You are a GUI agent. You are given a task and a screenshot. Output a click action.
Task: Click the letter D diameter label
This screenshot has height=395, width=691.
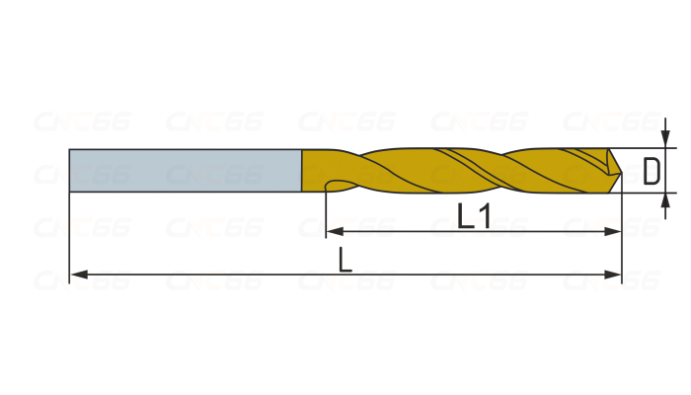652,171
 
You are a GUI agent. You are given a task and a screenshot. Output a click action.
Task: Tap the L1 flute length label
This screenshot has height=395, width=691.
474,215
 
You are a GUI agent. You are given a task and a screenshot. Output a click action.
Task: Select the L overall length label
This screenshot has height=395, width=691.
345,260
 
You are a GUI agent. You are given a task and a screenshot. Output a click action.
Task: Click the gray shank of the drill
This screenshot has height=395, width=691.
185,170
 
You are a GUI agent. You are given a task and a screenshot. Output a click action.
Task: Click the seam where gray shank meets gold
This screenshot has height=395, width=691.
301,170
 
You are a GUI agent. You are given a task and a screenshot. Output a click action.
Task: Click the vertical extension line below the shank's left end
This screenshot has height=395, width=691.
69,237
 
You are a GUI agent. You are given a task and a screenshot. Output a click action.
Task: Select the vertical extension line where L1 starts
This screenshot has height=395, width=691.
326,212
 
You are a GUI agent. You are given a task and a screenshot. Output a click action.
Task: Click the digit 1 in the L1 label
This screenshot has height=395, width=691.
483,215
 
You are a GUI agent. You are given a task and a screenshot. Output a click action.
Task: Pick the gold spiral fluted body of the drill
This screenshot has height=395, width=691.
464,170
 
